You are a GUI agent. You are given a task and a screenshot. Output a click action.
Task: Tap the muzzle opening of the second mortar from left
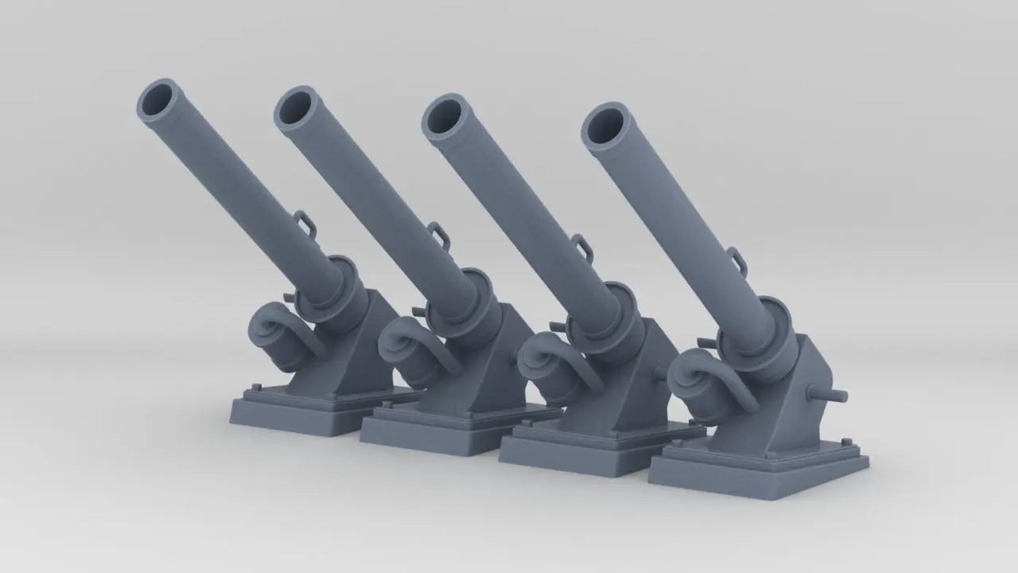[x=297, y=107]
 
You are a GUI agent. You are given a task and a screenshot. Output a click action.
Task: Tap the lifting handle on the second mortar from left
[x=438, y=235]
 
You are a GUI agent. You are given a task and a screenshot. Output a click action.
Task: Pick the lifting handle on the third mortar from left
[x=583, y=247]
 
